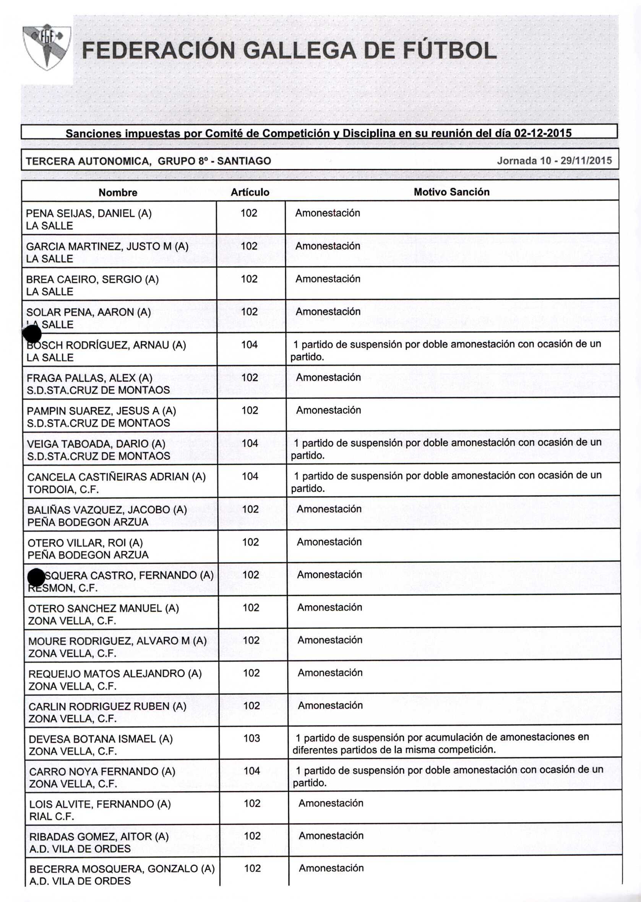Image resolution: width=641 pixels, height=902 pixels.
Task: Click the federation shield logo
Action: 47,47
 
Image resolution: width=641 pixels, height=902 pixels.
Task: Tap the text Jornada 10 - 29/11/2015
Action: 554,161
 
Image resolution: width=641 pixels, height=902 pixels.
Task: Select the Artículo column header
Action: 250,192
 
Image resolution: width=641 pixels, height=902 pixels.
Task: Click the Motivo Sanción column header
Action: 451,192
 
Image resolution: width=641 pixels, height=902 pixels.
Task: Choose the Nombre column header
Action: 118,193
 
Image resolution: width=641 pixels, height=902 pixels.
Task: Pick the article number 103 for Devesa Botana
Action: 252,738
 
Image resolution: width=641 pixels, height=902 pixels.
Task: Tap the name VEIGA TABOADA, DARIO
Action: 96,444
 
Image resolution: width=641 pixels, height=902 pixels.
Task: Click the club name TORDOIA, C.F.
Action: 63,490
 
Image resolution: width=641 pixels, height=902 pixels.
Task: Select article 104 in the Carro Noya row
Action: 252,771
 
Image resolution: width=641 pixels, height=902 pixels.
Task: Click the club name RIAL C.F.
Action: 52,816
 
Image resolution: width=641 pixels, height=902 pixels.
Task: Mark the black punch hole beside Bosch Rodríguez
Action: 32,334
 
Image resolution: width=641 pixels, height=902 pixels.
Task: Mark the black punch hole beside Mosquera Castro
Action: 36,578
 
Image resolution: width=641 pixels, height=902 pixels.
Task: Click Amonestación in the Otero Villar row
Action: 329,542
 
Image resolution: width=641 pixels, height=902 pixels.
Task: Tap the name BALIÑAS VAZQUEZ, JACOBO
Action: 107,510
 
